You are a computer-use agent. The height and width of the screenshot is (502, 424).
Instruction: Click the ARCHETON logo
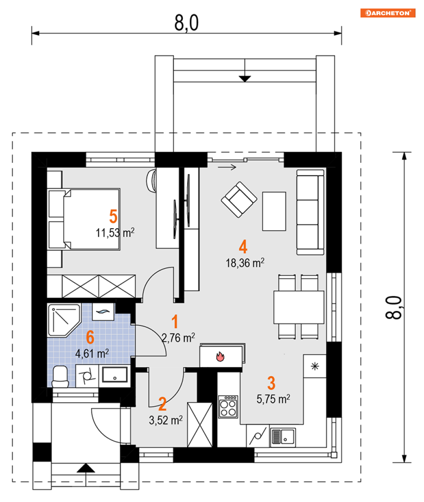(x=387, y=13)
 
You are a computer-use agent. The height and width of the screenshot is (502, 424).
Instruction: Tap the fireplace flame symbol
(x=220, y=356)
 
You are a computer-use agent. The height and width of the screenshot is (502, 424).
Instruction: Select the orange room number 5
(x=113, y=216)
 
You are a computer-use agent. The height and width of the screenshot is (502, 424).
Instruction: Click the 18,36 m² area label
(x=245, y=263)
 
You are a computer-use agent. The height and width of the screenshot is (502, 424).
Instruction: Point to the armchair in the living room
(x=239, y=200)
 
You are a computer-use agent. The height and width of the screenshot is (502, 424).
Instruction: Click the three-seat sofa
(x=310, y=212)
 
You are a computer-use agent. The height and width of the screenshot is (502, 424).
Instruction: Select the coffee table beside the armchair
(x=274, y=211)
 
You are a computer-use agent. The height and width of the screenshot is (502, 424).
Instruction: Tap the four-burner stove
(x=228, y=406)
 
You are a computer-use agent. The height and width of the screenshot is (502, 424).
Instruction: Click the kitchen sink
(x=283, y=436)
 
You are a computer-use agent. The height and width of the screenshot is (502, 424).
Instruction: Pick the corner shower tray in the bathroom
(x=63, y=320)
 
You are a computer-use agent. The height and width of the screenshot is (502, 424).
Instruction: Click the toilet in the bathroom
(x=60, y=377)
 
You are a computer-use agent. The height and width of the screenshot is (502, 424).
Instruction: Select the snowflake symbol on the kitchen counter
(x=315, y=366)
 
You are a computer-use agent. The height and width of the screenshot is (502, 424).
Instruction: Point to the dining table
(x=299, y=307)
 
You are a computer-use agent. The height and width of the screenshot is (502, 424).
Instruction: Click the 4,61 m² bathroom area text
(x=92, y=354)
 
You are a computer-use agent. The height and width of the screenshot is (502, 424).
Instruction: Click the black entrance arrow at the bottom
(x=86, y=468)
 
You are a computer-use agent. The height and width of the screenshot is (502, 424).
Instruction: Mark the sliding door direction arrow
(x=227, y=167)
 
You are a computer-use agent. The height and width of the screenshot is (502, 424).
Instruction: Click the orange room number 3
(x=271, y=383)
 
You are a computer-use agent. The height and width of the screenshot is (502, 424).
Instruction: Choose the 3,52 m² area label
(x=166, y=420)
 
